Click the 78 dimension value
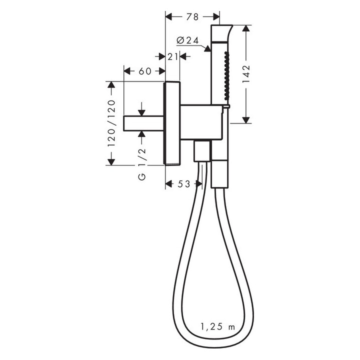(192, 17)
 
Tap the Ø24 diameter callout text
(187, 40)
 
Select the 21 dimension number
(172, 56)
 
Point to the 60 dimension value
(145, 71)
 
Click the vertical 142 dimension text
(246, 74)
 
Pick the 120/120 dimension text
(111, 123)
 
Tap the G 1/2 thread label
(142, 164)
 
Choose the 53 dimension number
(183, 183)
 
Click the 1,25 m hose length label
(218, 326)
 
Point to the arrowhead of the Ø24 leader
(207, 48)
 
